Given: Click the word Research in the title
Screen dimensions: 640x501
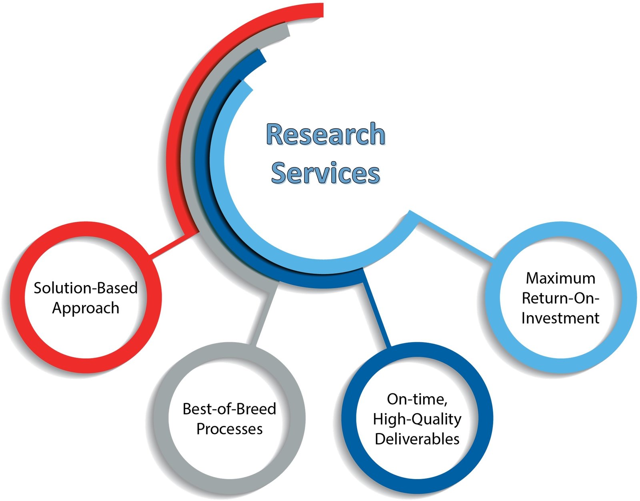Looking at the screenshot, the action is (x=326, y=134).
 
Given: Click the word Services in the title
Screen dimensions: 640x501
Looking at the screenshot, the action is (x=326, y=172).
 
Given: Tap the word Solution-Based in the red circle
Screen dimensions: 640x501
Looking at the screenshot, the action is (x=86, y=288).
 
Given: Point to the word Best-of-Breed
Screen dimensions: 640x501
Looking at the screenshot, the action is (x=230, y=409).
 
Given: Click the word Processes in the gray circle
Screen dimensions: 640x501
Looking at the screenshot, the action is (x=230, y=429).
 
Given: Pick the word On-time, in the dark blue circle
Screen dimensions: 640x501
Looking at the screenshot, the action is (x=417, y=399).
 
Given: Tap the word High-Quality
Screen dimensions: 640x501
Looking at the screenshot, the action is (x=417, y=419).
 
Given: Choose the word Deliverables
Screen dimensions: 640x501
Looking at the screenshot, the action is (x=417, y=439).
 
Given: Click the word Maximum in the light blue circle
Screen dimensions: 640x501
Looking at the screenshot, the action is (x=560, y=278).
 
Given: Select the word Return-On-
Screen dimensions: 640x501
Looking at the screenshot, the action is (x=560, y=298).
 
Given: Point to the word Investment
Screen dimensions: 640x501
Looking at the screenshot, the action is (x=560, y=318).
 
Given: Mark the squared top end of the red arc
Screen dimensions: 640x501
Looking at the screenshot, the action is (x=323, y=10).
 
